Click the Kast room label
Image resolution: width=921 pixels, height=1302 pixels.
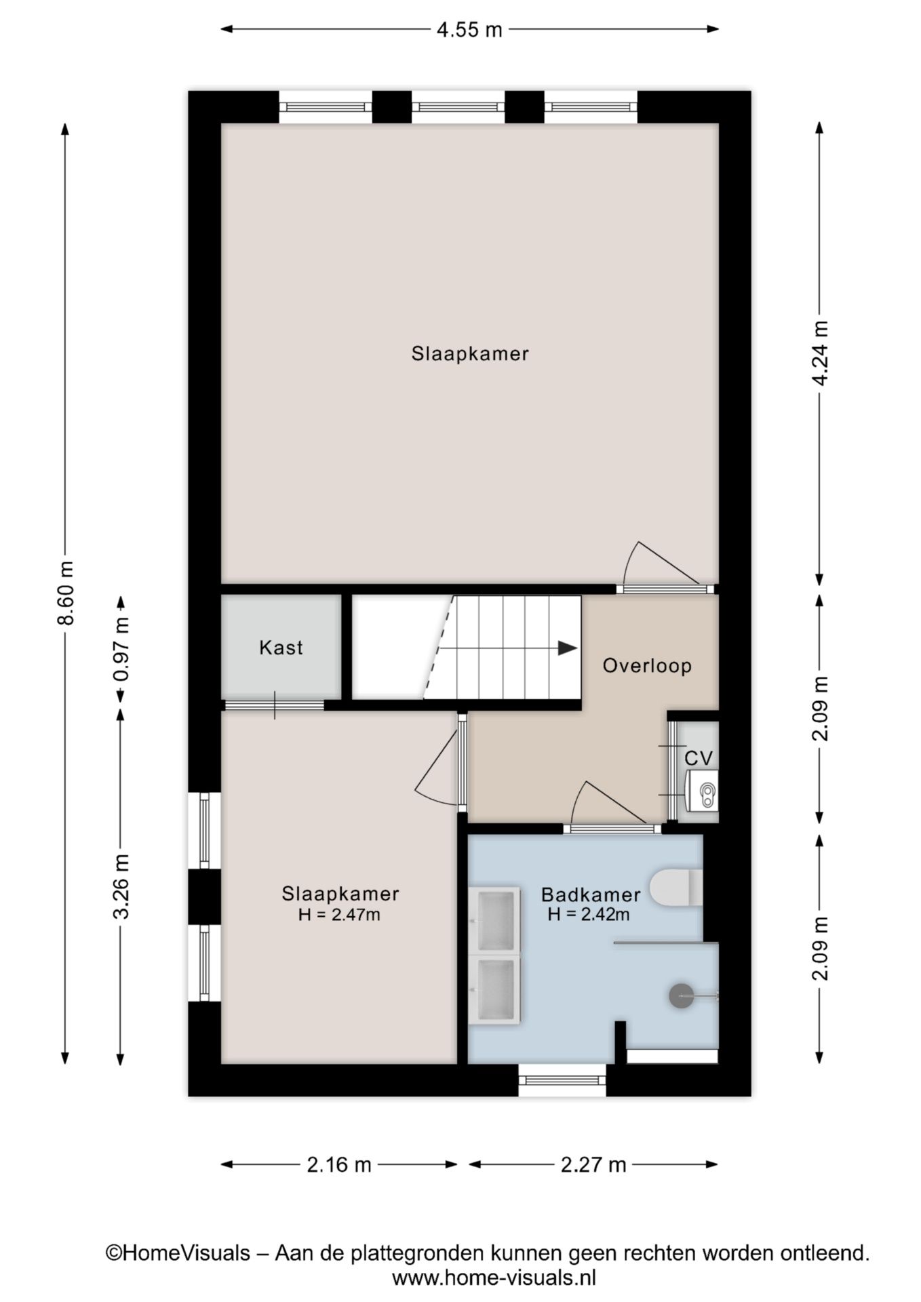(x=281, y=648)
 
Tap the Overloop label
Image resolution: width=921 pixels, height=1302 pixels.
(x=647, y=665)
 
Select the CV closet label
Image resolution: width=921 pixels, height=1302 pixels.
(x=699, y=757)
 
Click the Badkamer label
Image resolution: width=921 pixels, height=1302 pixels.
(x=591, y=895)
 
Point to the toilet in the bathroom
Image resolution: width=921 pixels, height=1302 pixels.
(x=676, y=887)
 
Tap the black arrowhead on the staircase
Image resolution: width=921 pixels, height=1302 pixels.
(x=568, y=648)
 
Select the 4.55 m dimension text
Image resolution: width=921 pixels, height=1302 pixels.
(x=469, y=30)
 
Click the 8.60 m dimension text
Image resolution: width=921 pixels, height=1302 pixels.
(x=66, y=593)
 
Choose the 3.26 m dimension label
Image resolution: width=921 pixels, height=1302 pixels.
(x=121, y=886)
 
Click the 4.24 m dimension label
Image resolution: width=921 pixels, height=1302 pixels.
(x=820, y=353)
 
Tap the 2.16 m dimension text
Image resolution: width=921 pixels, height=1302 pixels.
(x=339, y=1165)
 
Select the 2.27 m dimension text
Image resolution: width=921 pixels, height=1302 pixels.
(x=593, y=1165)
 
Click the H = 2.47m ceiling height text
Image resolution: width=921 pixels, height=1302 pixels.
(x=339, y=915)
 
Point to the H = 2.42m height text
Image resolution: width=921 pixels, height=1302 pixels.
(x=589, y=914)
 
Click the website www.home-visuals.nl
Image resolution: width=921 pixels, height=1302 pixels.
(x=494, y=1278)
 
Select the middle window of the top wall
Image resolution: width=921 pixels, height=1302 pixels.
(x=458, y=107)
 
